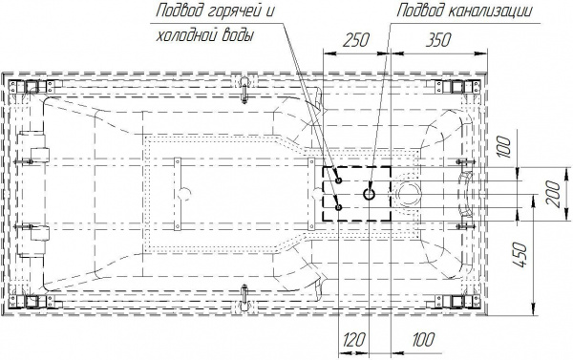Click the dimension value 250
pyautogui.click(x=355, y=40)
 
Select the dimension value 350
pyautogui.click(x=437, y=40)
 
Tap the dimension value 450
pyautogui.click(x=520, y=254)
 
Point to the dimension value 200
pyautogui.click(x=554, y=194)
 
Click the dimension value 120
pyautogui.click(x=354, y=340)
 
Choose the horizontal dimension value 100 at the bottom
pyautogui.click(x=423, y=340)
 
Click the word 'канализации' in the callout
pyautogui.click(x=489, y=11)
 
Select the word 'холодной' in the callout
pyautogui.click(x=186, y=36)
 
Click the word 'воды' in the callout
pyautogui.click(x=238, y=36)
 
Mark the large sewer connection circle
pyautogui.click(x=369, y=194)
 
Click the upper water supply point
pyautogui.click(x=339, y=180)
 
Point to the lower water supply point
pyautogui.click(x=339, y=207)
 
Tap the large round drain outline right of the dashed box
pyautogui.click(x=408, y=194)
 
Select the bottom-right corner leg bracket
pyautogui.click(x=456, y=302)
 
